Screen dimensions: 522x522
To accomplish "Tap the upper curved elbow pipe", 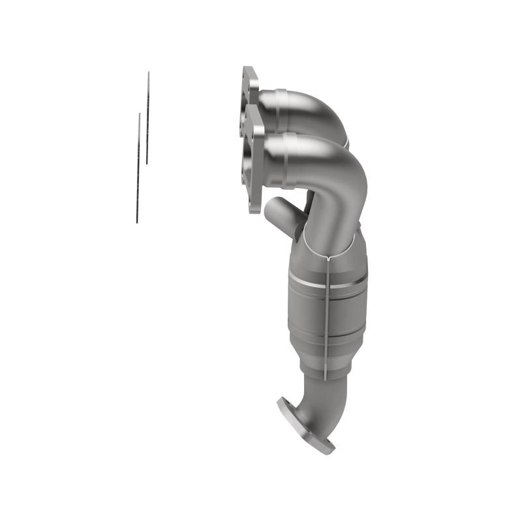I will [x=313, y=111].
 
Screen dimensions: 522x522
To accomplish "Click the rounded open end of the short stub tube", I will [x=271, y=209].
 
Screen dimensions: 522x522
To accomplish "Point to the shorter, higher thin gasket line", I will [x=147, y=117].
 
